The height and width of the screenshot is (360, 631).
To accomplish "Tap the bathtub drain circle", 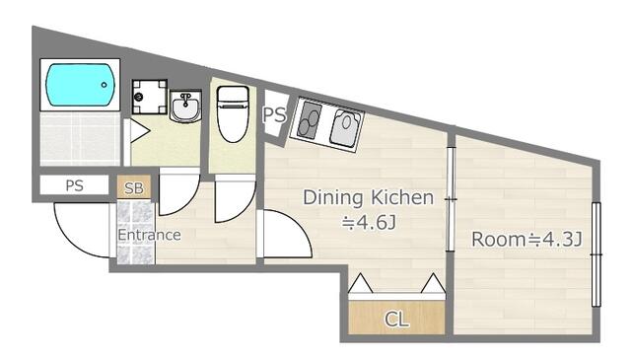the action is point(105,85).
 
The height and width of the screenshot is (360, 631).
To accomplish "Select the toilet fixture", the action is point(233,114).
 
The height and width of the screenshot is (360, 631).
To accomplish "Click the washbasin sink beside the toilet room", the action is point(185,106).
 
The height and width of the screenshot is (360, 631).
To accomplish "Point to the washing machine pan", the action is point(149,97).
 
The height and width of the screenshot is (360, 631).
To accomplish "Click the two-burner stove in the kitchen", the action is point(310,119).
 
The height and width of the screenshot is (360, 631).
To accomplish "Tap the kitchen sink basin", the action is point(345,127).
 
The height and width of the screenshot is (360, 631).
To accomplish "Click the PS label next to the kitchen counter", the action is point(274,114).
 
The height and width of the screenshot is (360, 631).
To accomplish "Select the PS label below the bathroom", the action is point(75,185).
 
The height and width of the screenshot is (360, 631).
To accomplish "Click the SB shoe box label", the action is point(134,187).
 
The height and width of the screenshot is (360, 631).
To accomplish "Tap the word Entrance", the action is point(149,235).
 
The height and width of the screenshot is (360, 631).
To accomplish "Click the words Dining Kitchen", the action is point(368,197).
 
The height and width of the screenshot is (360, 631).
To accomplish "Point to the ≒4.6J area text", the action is point(369,222).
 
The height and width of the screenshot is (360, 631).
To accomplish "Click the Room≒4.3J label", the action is point(526,240).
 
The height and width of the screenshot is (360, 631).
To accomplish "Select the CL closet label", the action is point(396,320).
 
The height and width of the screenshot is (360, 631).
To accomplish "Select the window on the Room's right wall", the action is point(596,254).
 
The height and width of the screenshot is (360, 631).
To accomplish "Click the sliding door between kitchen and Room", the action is point(452,199).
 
